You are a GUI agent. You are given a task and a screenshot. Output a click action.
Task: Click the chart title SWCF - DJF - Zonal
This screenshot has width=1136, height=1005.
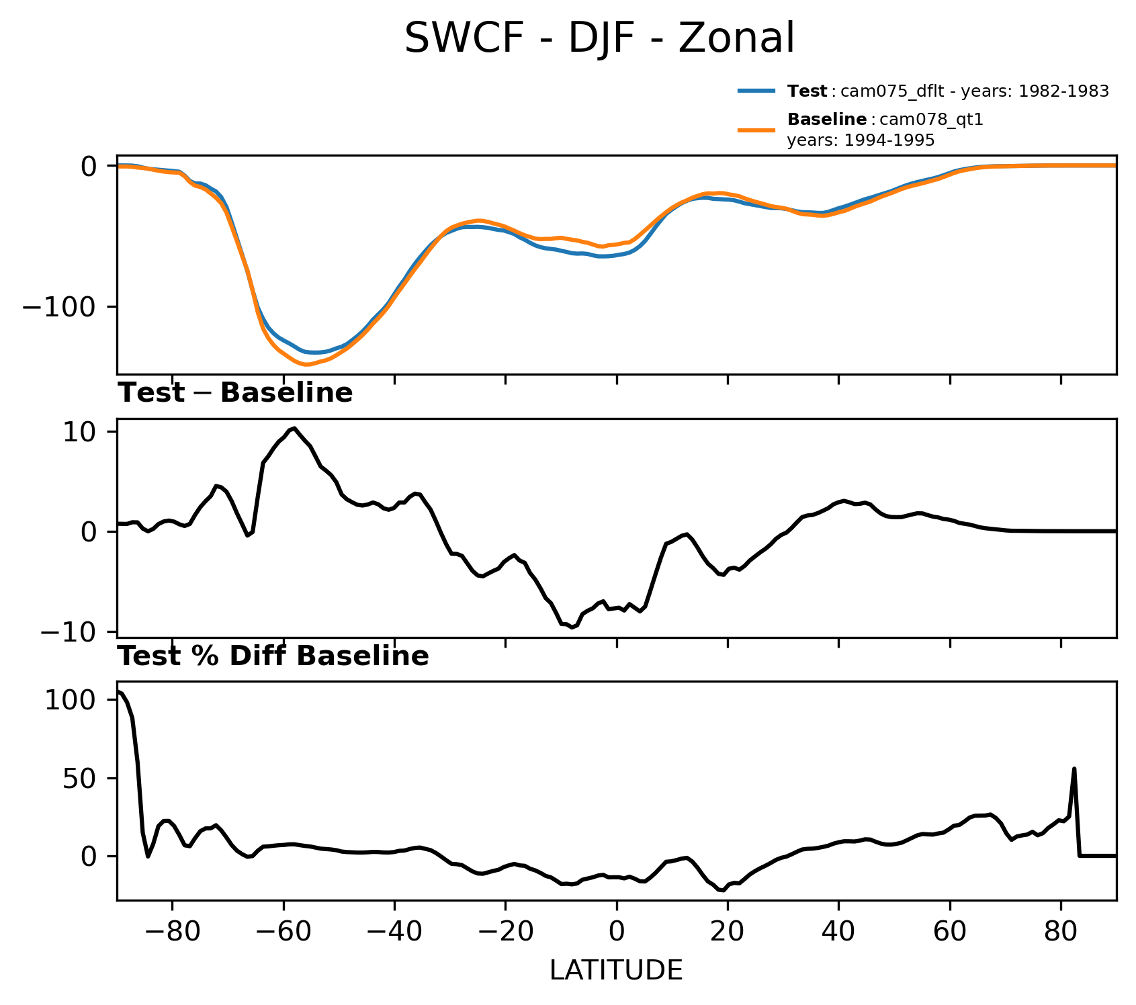[599, 38]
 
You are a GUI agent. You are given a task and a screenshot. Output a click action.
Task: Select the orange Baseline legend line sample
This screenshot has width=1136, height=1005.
[757, 130]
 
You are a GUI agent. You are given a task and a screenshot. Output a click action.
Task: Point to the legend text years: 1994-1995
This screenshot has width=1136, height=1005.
[861, 140]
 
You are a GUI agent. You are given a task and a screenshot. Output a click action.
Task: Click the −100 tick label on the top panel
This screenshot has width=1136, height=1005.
[60, 307]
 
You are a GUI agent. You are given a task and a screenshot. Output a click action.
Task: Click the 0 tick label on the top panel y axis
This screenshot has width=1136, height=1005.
[89, 166]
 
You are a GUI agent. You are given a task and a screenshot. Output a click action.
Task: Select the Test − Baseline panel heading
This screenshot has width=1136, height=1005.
[235, 393]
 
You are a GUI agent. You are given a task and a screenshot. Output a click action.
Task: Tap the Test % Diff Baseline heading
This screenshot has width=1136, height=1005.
[273, 656]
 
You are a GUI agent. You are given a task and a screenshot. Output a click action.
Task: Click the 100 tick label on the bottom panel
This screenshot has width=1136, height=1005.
[71, 700]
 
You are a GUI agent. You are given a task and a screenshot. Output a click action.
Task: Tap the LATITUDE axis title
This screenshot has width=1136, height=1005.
[616, 971]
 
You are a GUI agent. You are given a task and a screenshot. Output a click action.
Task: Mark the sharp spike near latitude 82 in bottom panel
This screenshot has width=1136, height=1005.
[1074, 769]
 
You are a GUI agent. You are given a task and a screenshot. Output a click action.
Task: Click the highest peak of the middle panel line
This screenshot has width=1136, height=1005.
[294, 428]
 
